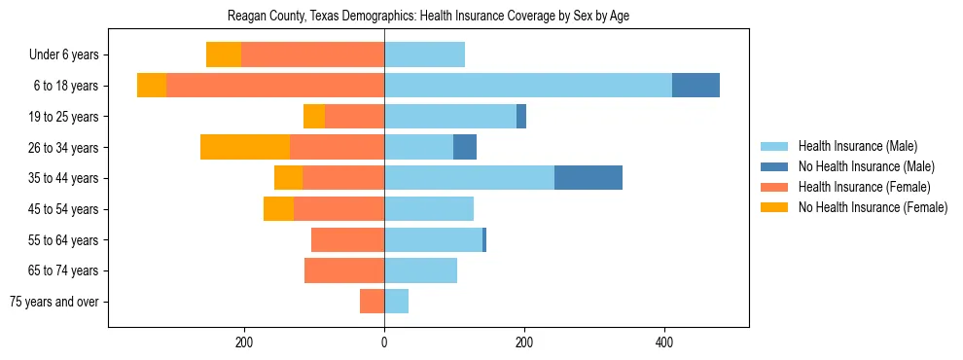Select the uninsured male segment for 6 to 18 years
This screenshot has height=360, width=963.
click(695, 86)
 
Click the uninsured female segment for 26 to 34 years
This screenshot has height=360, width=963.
click(245, 147)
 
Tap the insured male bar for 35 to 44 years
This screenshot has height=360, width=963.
click(469, 178)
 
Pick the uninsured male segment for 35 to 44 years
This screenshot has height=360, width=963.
click(588, 178)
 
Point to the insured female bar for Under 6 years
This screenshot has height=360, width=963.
click(312, 54)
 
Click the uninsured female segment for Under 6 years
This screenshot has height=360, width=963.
click(224, 54)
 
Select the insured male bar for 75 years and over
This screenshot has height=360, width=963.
click(396, 302)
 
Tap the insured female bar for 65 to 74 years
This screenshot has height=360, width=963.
click(344, 270)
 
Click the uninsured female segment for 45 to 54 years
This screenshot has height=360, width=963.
click(278, 209)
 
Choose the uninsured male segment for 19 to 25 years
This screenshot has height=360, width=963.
click(521, 117)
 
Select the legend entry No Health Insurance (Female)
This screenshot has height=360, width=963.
click(872, 207)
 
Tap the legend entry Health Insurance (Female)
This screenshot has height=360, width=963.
click(863, 187)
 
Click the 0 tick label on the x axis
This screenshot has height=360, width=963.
click(384, 342)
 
